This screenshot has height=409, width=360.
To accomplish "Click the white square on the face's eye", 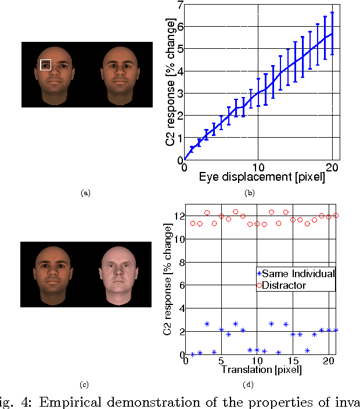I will (x=46, y=64).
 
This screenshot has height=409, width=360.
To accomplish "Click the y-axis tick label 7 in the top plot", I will (x=179, y=5).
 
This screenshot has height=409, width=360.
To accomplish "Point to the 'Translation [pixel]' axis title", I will (x=255, y=369).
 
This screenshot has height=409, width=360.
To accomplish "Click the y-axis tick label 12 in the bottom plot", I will (x=175, y=216).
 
